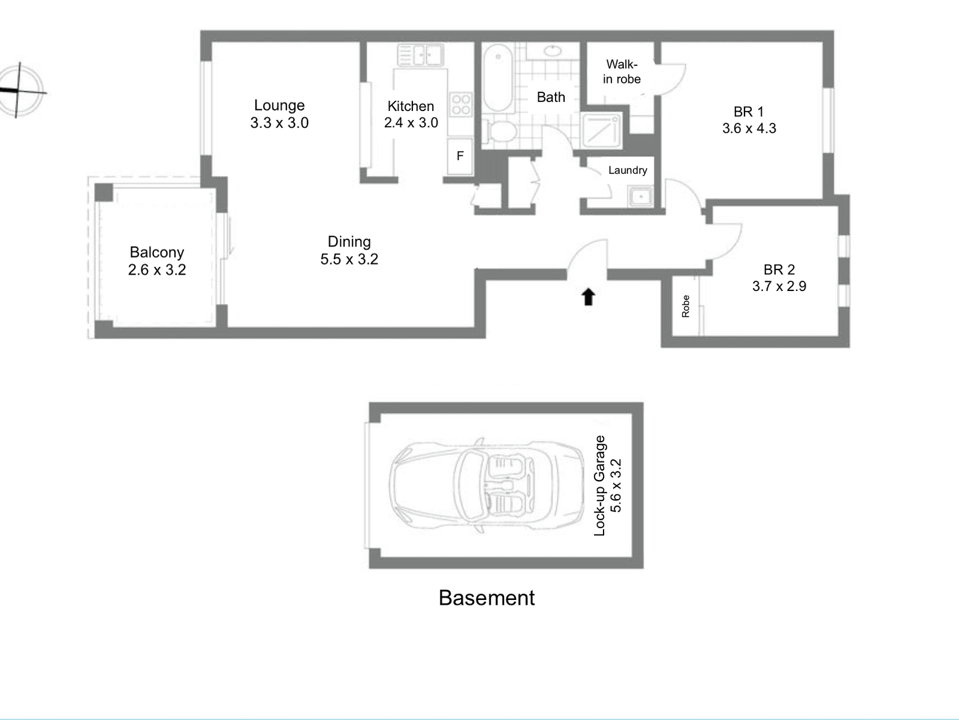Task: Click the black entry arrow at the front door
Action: coord(588,296)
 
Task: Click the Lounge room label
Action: coord(279,106)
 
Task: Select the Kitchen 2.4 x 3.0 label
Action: coord(411,115)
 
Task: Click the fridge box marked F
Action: coord(460,156)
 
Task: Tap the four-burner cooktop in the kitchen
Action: coord(461,104)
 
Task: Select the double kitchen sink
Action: coord(419,56)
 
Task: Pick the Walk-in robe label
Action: coord(622,72)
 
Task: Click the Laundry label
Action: coord(628,170)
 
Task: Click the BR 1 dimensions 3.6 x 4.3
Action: coord(749,128)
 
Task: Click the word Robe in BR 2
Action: coord(686,306)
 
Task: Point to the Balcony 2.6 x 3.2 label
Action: coord(156,261)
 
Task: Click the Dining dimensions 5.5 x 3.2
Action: coord(349,260)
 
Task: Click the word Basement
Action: coord(486,598)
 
